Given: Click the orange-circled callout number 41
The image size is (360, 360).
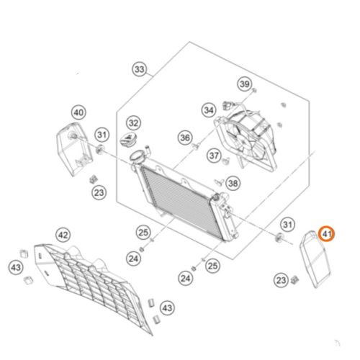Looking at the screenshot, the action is [x=326, y=233].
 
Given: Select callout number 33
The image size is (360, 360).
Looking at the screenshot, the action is [x=140, y=69].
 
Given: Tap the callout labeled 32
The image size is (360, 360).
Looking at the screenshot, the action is [x=133, y=123].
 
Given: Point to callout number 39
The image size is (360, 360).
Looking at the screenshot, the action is [x=245, y=84].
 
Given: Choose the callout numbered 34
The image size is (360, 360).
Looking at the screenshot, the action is [x=209, y=110].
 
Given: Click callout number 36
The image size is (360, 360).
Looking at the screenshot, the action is [x=185, y=138].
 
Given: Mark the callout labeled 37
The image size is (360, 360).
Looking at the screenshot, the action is [x=214, y=156].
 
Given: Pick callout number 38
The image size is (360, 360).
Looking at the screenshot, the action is [x=233, y=184].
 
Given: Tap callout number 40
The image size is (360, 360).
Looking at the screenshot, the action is [x=78, y=112].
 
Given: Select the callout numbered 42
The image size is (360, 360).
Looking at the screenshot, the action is [x=63, y=235].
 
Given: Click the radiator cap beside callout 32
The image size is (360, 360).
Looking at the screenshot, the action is [x=127, y=140].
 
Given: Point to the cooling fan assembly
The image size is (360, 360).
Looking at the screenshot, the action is [x=246, y=139].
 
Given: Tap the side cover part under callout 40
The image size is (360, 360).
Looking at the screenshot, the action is [x=74, y=149].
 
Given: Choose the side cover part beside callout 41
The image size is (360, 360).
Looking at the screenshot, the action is [x=315, y=259].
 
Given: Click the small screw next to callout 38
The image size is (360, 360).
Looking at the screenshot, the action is [x=220, y=181].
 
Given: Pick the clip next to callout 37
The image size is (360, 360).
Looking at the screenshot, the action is [x=225, y=161].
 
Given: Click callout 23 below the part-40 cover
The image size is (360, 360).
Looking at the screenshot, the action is [x=99, y=192].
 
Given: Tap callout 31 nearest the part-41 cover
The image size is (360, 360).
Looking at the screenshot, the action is [x=287, y=225].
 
